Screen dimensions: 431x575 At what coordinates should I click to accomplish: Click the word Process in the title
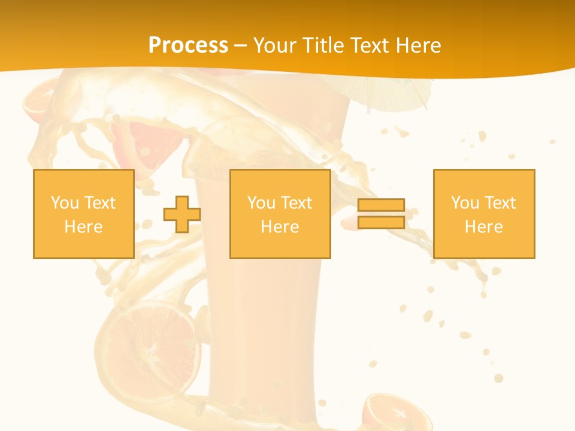[x=188, y=45]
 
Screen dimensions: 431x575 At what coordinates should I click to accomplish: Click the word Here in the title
[x=416, y=45]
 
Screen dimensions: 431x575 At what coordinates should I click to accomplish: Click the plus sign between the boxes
[x=182, y=214]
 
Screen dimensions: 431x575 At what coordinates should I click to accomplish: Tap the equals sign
[x=381, y=214]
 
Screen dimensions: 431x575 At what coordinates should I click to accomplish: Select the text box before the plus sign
[x=83, y=214]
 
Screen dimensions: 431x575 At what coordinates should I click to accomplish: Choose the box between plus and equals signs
[x=280, y=214]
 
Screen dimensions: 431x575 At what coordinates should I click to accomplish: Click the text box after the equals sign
[x=483, y=214]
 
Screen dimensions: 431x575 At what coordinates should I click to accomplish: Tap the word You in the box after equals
[x=465, y=203]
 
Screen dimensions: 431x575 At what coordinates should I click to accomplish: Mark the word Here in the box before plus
[x=83, y=227]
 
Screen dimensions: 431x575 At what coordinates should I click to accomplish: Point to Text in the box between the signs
[x=296, y=203]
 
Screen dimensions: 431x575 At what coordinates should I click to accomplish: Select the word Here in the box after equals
[x=483, y=227]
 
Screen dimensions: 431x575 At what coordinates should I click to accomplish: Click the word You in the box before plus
[x=65, y=203]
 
